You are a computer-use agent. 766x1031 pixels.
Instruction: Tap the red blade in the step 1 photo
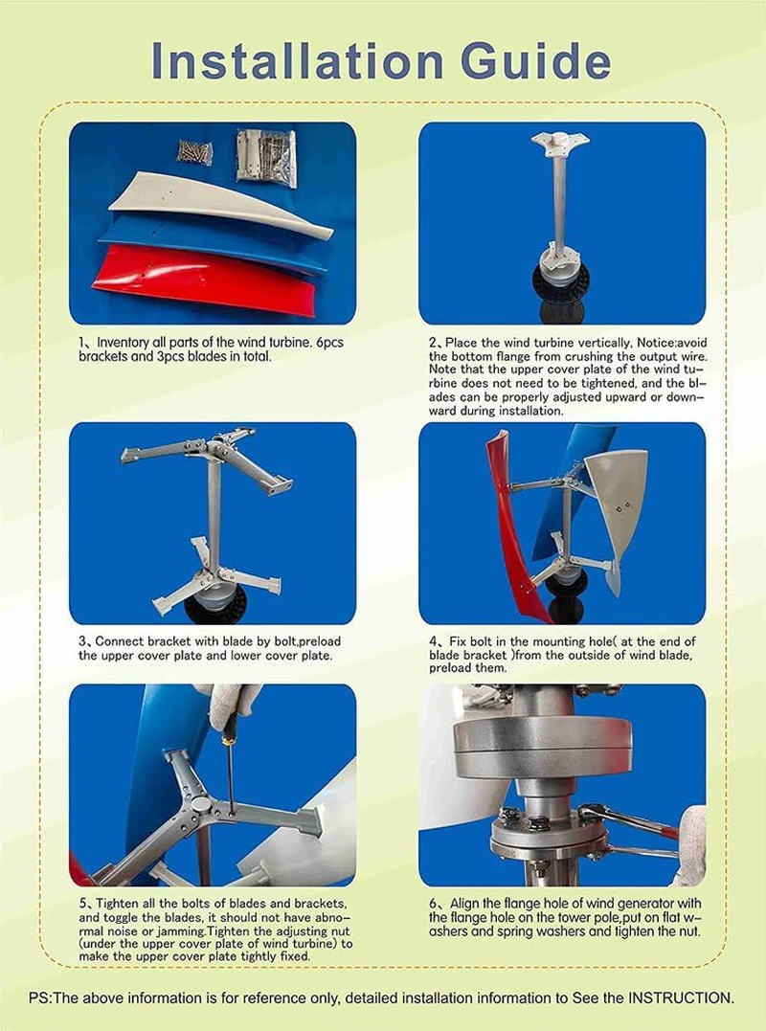pos(201,278)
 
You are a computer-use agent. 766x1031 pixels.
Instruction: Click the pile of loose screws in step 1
pos(194,151)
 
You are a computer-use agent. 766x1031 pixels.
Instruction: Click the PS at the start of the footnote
pos(39,997)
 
